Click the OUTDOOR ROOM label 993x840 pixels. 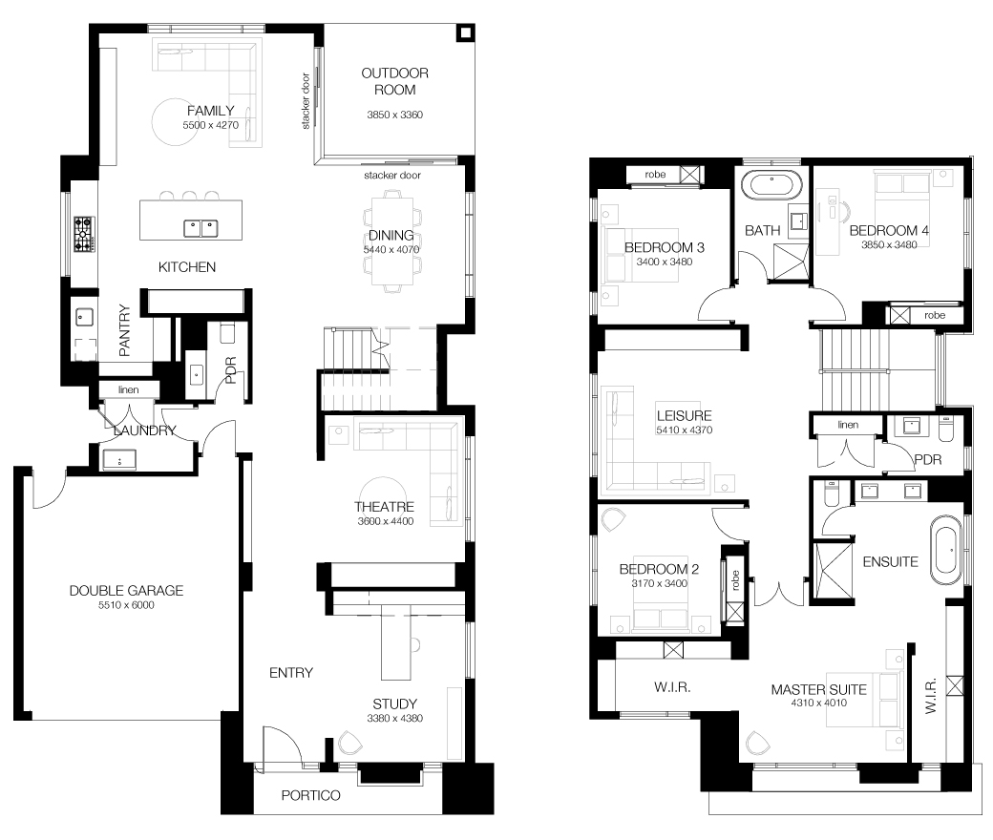(x=394, y=82)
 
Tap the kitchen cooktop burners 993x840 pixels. (x=84, y=234)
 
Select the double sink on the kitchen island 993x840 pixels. (x=201, y=228)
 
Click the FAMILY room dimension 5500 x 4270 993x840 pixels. (x=211, y=125)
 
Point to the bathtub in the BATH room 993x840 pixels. (x=771, y=185)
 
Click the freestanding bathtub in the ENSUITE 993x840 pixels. (x=945, y=550)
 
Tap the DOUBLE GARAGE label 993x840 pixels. (x=126, y=591)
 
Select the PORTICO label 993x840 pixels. (x=311, y=795)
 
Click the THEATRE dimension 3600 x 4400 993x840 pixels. (x=385, y=521)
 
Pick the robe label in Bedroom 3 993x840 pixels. (x=655, y=174)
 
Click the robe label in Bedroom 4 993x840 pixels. (x=935, y=315)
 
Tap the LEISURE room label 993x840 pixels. (x=684, y=416)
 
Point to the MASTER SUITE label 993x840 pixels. (x=819, y=689)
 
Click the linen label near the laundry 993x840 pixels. (x=129, y=390)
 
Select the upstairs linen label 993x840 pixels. (x=848, y=425)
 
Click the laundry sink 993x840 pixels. (x=119, y=459)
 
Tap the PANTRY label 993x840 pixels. (x=125, y=330)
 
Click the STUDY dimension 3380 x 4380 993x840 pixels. (x=394, y=719)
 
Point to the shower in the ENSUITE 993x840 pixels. (x=833, y=570)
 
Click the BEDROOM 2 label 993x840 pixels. (x=659, y=569)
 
